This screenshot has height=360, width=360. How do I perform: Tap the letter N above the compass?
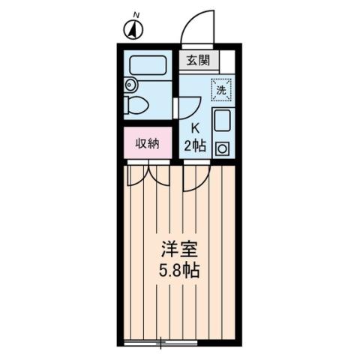pos(136,14)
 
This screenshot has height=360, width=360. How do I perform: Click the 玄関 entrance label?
pos(199,61)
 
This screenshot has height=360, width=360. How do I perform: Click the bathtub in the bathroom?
pos(147,64)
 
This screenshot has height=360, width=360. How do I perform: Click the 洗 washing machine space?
pos(221,88)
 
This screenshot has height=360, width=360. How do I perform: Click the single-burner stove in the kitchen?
pos(223,148)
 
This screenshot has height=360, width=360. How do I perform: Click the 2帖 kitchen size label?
pos(196,145)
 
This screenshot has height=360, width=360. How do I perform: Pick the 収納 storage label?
pos(147,144)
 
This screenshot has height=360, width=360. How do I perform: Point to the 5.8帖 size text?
pos(178,270)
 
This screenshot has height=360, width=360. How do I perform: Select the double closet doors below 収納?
pos(148,175)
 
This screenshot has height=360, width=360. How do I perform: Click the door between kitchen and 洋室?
pos(193,177)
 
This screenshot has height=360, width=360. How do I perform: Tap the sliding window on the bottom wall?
pos(160,343)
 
